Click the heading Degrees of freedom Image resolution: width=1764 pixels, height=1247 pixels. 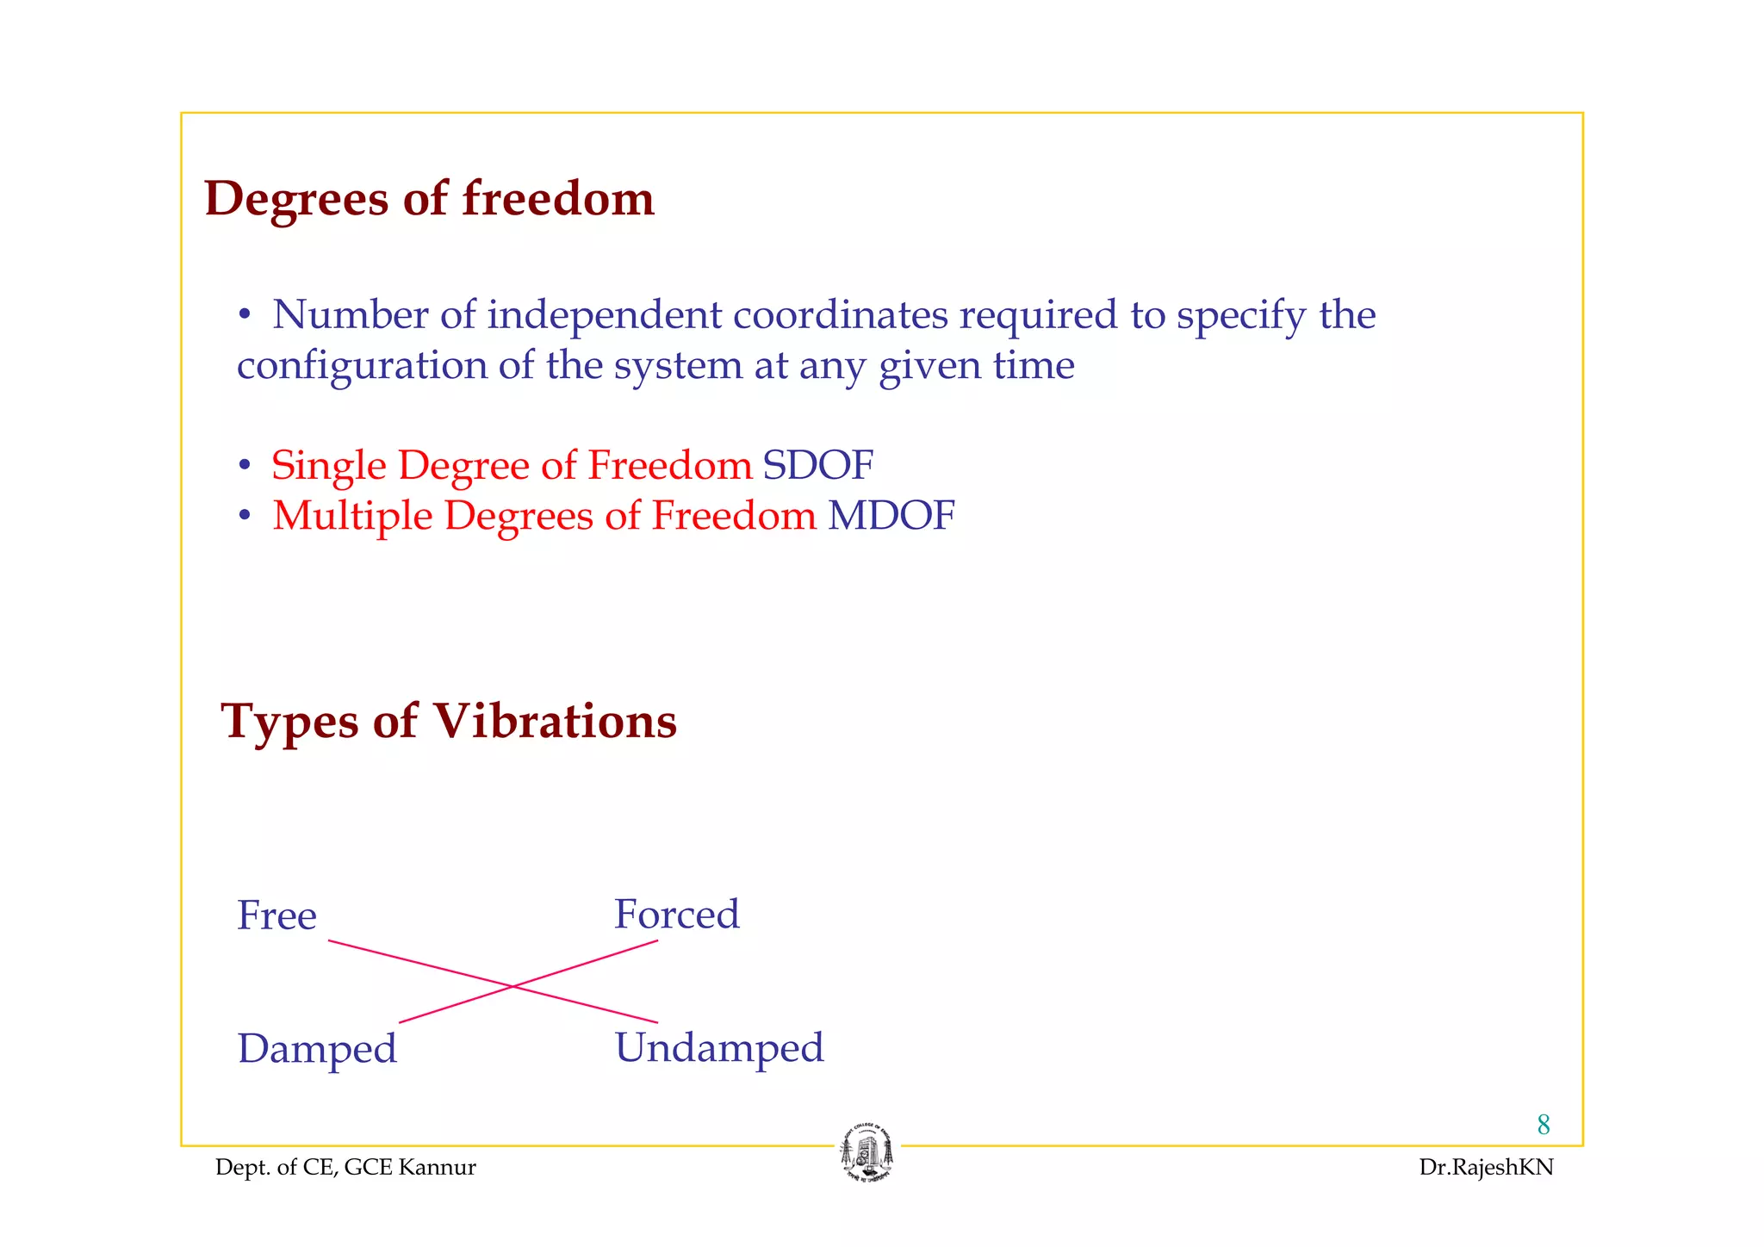coord(429,200)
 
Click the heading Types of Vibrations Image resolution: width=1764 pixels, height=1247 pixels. coord(449,721)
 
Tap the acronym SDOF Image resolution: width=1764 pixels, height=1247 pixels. coord(817,466)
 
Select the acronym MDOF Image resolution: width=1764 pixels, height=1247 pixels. coord(891,516)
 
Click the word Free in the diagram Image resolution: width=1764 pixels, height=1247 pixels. coord(276,915)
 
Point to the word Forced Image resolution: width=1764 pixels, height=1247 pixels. coord(676,915)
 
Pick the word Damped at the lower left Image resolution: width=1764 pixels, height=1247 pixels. coord(317,1049)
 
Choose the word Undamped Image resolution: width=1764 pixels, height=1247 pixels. coord(719,1048)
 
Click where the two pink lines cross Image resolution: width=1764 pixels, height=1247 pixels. coord(512,986)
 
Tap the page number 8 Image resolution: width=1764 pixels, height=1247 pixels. coord(1543,1125)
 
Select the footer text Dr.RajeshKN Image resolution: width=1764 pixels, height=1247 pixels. coord(1486,1168)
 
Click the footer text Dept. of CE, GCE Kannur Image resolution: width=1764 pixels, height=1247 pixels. coord(345,1168)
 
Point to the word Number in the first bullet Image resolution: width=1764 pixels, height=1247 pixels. coord(350,315)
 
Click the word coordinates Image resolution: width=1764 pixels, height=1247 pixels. coord(840,315)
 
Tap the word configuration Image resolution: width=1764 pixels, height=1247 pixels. coord(362,366)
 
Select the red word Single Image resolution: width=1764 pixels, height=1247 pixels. coord(328,466)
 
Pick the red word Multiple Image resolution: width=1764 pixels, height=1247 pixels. coord(352,517)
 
